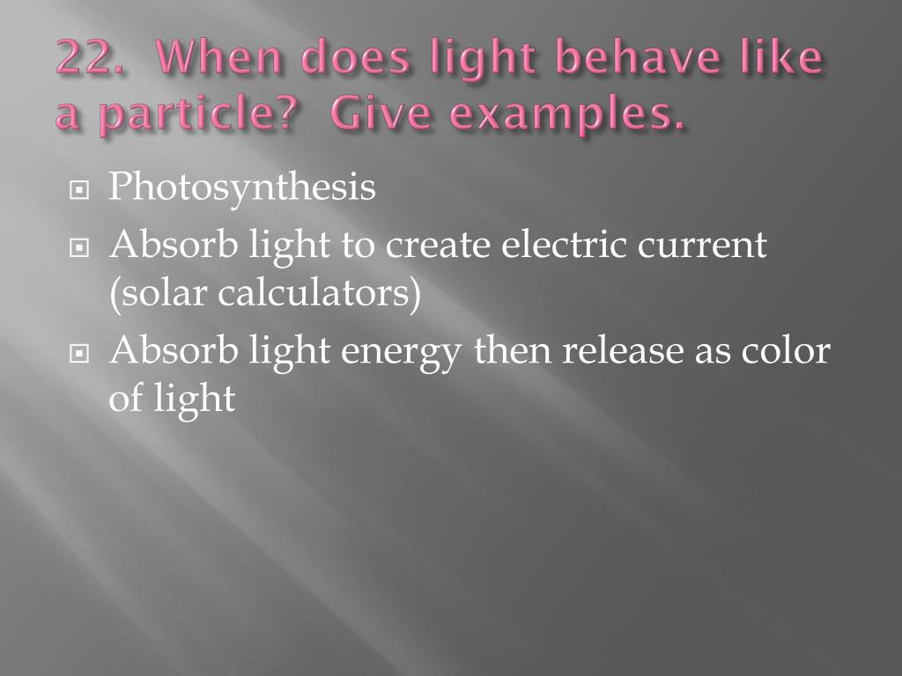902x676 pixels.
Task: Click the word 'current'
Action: point(703,246)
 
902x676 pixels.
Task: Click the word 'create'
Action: point(439,246)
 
